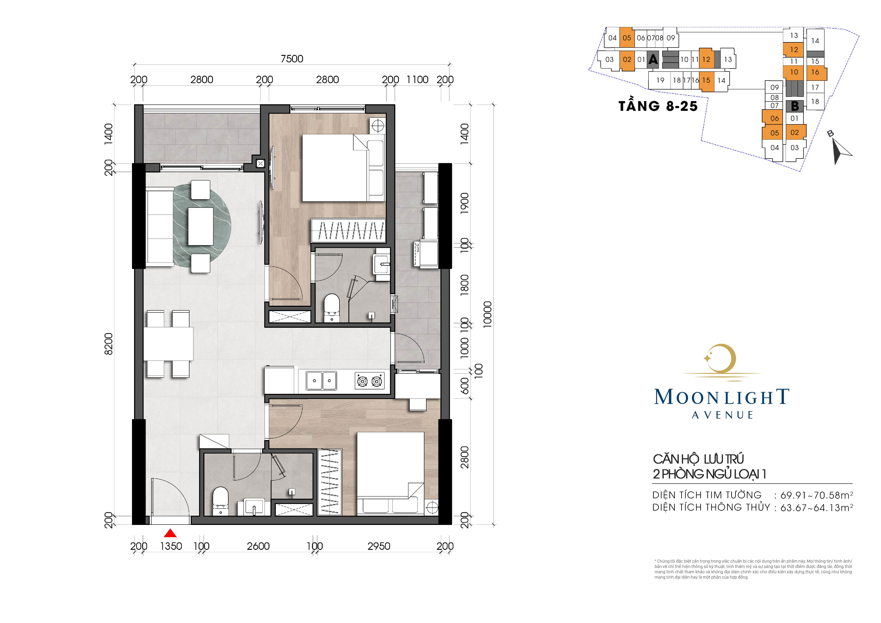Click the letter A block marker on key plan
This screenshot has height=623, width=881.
(x=653, y=60)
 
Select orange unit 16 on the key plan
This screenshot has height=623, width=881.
(x=815, y=72)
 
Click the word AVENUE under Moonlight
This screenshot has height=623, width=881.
(x=723, y=415)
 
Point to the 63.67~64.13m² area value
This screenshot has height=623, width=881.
(x=817, y=508)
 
